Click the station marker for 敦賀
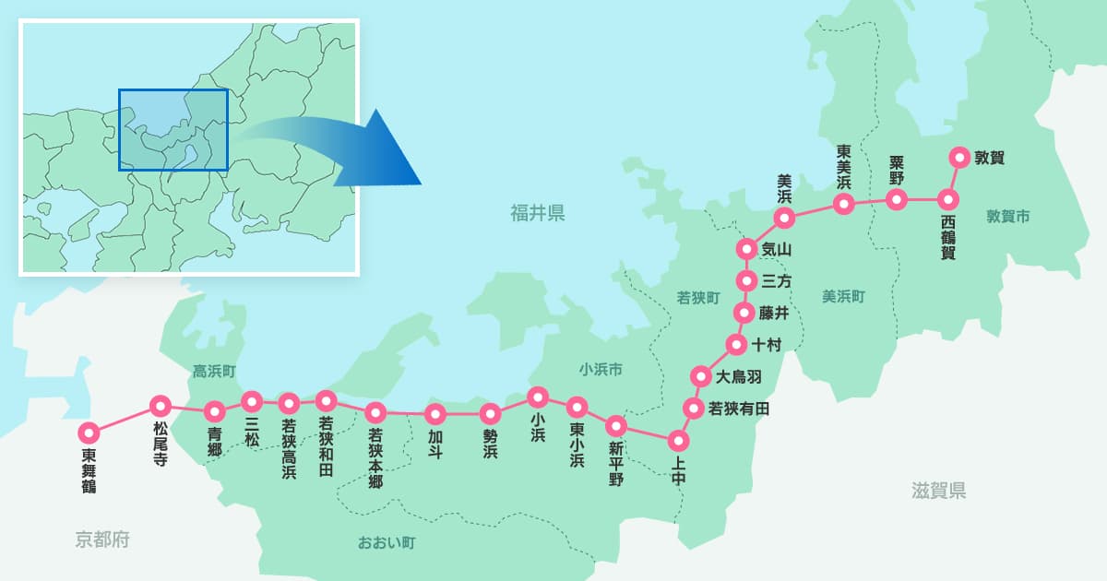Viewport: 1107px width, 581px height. click(958, 157)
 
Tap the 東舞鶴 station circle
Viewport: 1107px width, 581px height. click(89, 432)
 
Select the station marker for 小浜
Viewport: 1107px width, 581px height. click(538, 397)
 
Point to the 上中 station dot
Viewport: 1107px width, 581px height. click(678, 440)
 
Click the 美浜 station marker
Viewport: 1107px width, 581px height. click(784, 218)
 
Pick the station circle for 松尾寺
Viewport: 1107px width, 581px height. click(161, 404)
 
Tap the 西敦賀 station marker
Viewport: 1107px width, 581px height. click(946, 199)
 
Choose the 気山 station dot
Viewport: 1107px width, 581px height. click(746, 249)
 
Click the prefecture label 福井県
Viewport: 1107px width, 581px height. click(538, 214)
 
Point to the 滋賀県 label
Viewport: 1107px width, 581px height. click(938, 491)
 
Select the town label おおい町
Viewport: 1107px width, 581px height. click(387, 542)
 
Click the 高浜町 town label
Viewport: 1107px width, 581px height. click(215, 371)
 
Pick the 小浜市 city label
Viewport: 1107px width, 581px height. click(601, 370)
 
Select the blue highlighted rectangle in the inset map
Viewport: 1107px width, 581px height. click(173, 130)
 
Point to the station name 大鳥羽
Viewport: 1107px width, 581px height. click(739, 376)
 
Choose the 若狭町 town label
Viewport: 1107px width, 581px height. click(698, 297)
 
